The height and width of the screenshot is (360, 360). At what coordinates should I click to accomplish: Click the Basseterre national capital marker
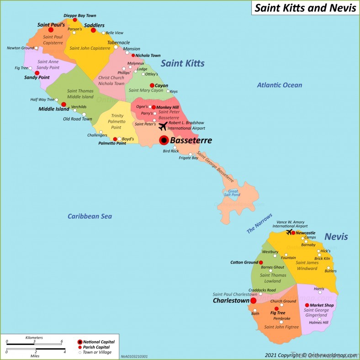[x=164, y=140]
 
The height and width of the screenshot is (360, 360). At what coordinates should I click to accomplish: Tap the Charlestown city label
[x=231, y=301]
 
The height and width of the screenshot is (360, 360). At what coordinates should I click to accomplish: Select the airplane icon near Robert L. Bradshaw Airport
[x=163, y=126]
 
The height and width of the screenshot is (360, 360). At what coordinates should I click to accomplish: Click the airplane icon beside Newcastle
[x=289, y=232]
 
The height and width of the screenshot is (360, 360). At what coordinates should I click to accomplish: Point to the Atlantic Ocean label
[x=279, y=85]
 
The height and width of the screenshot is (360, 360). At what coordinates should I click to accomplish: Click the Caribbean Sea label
[x=90, y=216]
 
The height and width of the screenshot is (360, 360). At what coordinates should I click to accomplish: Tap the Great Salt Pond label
[x=233, y=193]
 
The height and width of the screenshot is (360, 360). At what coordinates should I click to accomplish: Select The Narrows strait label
[x=259, y=223]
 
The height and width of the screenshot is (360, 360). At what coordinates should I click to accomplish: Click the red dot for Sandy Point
[x=37, y=73]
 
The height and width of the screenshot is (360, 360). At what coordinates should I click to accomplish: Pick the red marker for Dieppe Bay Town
[x=75, y=20]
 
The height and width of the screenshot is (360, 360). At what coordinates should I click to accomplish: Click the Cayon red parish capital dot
[x=152, y=85]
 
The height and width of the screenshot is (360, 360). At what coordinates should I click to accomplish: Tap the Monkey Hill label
[x=167, y=107]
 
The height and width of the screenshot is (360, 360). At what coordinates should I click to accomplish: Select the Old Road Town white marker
[x=84, y=114]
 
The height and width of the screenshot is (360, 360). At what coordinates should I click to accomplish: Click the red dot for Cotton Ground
[x=261, y=263]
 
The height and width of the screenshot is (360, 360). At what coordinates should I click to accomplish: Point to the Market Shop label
[x=322, y=305]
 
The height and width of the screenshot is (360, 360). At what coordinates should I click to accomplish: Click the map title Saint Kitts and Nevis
[x=305, y=8]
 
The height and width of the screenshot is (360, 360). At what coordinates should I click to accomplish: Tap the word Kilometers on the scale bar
[x=35, y=337]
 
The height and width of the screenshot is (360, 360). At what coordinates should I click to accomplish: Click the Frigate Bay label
[x=188, y=158]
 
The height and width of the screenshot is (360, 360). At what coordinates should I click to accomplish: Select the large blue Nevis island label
[x=336, y=237]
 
